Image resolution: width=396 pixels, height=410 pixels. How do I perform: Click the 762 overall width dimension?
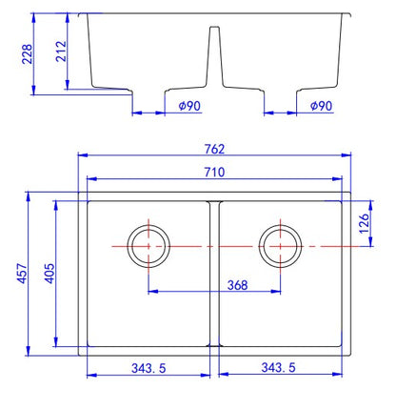click(x=214, y=149)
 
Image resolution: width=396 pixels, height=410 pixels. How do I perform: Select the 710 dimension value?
click(x=214, y=172)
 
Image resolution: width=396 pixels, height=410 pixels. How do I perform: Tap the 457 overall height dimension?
click(x=23, y=273)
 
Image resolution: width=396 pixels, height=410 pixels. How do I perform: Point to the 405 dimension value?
click(x=49, y=273)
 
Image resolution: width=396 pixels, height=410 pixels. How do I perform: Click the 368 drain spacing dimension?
click(x=237, y=285)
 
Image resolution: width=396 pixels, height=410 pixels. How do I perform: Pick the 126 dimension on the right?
click(x=364, y=223)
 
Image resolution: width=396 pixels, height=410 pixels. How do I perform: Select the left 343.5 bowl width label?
click(x=148, y=368)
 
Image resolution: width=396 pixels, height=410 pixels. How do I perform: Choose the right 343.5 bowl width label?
click(x=278, y=367)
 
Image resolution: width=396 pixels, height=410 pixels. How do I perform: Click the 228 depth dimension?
click(x=28, y=54)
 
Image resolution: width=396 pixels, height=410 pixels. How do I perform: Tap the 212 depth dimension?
click(x=61, y=51)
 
